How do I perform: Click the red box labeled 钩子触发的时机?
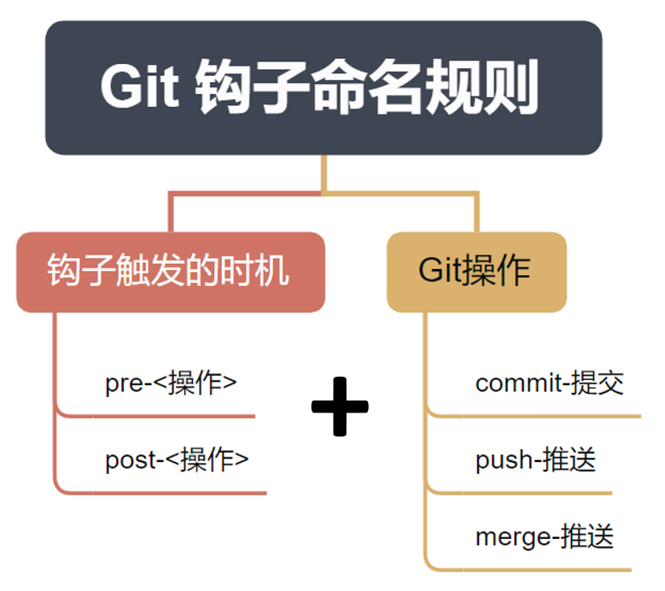[170, 272]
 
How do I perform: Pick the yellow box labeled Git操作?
[476, 272]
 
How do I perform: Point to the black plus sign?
[340, 406]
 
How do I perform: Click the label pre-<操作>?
[171, 383]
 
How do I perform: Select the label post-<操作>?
[177, 459]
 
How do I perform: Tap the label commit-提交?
[549, 383]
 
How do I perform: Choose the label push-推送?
[535, 460]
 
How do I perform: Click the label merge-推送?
[544, 536]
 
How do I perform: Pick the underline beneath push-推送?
[521, 493]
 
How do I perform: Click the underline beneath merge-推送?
[529, 569]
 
